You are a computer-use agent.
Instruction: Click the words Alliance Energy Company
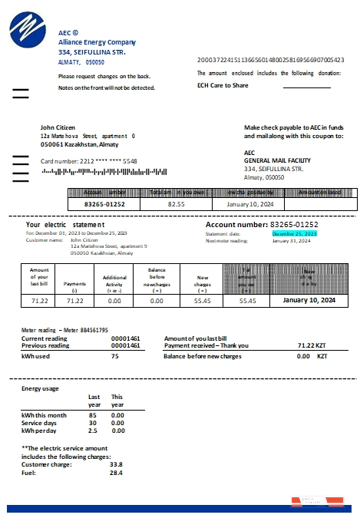pos(97,42)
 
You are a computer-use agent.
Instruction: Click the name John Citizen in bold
pos(58,127)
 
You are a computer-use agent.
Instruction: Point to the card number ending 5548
pos(89,161)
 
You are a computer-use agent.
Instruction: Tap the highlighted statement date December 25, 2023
pos(294,233)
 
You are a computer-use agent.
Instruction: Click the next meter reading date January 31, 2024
pos(291,240)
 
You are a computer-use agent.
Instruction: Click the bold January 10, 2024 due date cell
pos(309,301)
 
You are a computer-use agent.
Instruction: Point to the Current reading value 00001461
pos(126,338)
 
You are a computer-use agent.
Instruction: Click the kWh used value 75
pos(115,356)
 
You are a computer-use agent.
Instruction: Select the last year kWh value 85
pos(92,415)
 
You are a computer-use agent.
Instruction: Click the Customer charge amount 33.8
pos(116,464)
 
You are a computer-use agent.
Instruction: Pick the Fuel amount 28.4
pos(116,472)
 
